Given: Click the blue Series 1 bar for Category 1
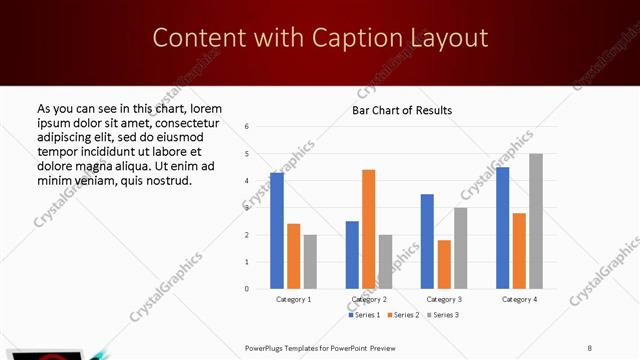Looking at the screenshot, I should point(276,231).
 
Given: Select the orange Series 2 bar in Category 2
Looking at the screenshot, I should point(368,229).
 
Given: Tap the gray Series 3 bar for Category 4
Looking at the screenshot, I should point(536,221).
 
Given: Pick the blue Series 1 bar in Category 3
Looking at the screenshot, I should point(427,241).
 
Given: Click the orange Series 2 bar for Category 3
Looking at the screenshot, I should point(444,264).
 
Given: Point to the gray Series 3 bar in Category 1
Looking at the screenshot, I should point(310,261).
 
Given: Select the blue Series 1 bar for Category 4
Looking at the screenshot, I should point(502,228).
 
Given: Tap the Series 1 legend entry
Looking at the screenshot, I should point(365,315).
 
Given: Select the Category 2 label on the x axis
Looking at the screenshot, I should point(369,300).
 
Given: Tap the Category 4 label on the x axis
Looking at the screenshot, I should point(519,300).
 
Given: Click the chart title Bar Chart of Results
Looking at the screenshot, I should point(402,110).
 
